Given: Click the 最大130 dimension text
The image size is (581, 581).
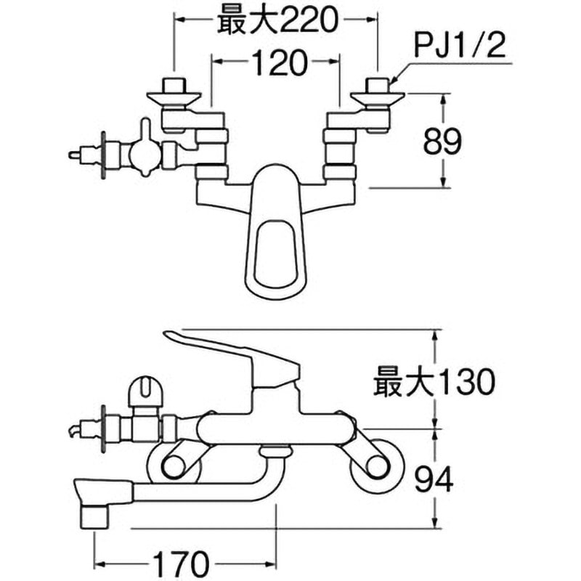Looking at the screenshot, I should (x=434, y=382).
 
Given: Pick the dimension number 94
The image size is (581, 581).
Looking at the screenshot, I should (x=434, y=479).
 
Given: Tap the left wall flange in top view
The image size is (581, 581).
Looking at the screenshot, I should (x=174, y=97).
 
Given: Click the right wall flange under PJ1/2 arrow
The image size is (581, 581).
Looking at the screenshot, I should (x=377, y=97).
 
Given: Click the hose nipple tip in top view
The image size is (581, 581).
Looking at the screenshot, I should (x=73, y=154).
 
